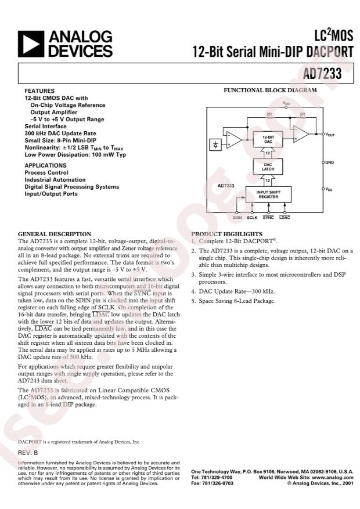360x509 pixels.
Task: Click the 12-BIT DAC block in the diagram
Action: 268,140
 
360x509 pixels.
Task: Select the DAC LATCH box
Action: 268,167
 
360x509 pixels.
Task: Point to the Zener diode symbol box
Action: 217,143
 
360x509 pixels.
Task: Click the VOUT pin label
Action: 330,135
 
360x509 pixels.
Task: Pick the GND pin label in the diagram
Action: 329,163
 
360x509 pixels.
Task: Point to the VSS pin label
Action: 329,189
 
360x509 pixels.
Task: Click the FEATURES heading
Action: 38,92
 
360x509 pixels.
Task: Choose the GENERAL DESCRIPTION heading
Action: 55,233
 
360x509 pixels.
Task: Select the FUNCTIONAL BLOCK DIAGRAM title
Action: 271,91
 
